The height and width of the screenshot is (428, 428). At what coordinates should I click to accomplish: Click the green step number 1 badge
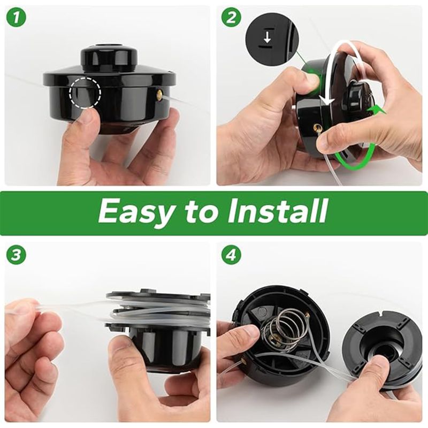coord(17,18)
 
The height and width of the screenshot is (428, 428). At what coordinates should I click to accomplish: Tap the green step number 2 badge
coord(231,18)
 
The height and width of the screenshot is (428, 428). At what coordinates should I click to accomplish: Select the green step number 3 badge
coord(17,256)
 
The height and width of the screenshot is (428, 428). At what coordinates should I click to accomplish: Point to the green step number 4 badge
coord(231,256)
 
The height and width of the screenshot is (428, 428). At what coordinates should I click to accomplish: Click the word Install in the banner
coord(277,210)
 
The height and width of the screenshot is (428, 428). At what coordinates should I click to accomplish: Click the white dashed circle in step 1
coord(85,93)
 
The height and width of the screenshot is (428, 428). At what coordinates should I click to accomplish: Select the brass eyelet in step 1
coord(160,96)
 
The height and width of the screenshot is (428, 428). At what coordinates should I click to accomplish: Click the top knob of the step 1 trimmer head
coord(109,57)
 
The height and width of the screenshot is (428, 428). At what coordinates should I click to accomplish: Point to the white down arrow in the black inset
coord(267,39)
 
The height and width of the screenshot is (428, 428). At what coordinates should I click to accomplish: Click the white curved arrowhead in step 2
coord(327,100)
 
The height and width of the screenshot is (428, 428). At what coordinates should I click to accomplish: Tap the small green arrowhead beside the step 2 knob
coord(375,111)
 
